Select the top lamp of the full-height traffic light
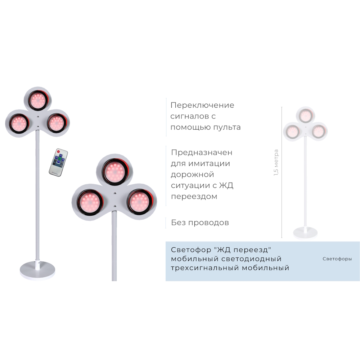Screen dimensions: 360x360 [x=37, y=100]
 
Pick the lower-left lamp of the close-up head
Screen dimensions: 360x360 [x=89, y=202]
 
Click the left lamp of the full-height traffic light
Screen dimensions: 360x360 [x=18, y=123]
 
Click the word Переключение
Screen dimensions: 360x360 [x=202, y=105]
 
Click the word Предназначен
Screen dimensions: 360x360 [x=202, y=152]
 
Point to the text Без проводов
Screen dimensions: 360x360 [x=200, y=222]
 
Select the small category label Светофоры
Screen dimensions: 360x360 [x=337, y=259]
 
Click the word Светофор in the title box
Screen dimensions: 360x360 [x=190, y=249]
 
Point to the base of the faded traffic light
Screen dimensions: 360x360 [x=305, y=232]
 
